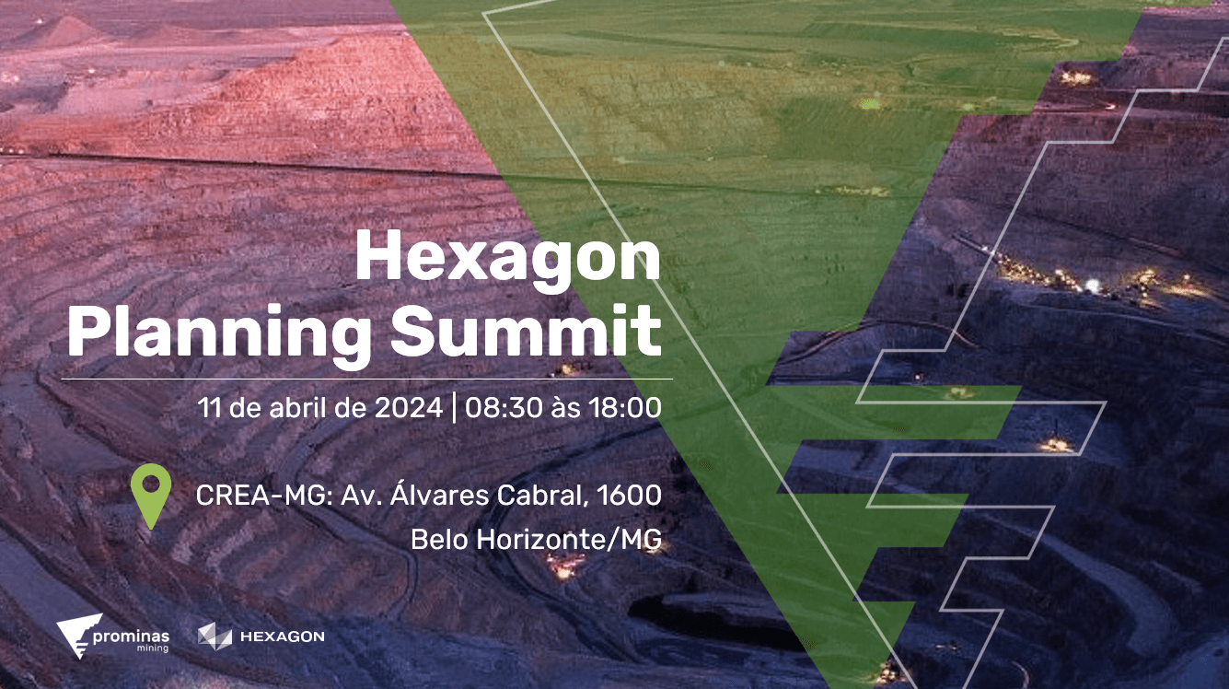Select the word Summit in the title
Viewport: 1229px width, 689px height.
pos(526,331)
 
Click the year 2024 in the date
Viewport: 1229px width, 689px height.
pos(409,408)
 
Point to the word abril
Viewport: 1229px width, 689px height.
pos(296,408)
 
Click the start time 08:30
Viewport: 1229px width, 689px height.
pos(504,408)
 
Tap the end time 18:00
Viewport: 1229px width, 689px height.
pos(625,408)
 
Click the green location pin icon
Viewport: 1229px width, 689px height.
pos(151,496)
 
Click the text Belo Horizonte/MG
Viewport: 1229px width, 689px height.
pos(536,540)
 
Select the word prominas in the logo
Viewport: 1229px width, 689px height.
pos(131,636)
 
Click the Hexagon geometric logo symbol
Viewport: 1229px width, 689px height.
pos(215,636)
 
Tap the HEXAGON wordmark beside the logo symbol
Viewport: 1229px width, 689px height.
pos(283,636)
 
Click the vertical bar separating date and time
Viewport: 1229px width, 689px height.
pos(454,408)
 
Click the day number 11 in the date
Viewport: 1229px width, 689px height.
pos(209,408)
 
